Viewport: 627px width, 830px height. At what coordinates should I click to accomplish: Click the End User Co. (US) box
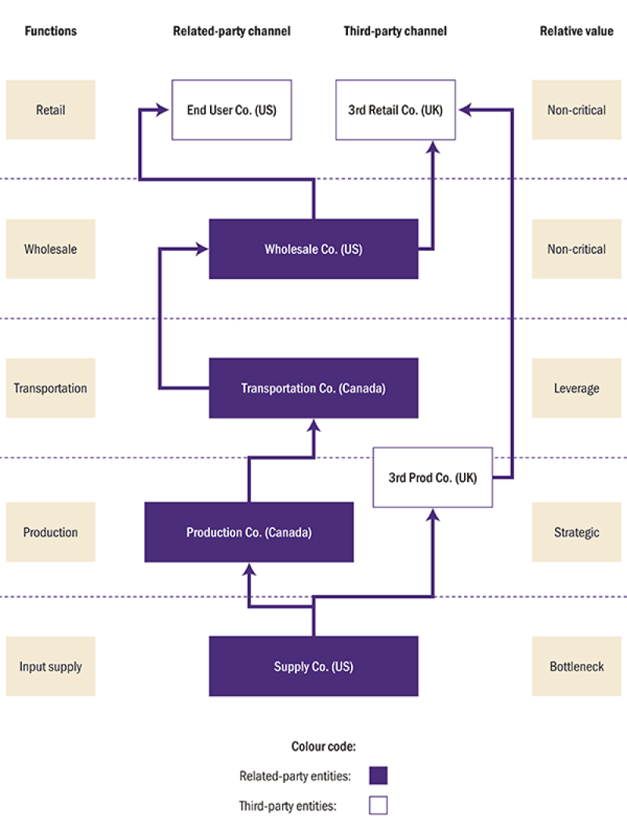coord(231,110)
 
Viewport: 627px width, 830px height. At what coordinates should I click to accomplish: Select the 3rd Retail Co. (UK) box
coord(396,110)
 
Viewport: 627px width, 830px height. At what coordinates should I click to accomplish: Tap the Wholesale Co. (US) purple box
coord(313,249)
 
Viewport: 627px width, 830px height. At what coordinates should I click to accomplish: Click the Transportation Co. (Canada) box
coord(313,388)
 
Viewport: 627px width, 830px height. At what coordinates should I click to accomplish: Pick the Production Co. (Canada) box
coord(248,532)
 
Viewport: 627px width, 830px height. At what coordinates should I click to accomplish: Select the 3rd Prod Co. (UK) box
coord(433,477)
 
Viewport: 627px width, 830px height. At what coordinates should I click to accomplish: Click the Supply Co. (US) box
coord(313,667)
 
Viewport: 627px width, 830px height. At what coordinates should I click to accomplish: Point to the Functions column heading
coord(51,31)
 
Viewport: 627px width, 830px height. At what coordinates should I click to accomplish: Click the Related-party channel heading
coord(231,31)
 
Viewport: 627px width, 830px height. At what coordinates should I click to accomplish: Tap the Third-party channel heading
coord(395,31)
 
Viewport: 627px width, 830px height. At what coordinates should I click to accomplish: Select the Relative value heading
coord(576,31)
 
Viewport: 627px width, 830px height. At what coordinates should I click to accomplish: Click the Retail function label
coord(51,110)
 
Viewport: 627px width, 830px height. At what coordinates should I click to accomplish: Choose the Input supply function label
coord(51,667)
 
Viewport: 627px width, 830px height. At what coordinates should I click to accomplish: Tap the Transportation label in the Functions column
coord(51,388)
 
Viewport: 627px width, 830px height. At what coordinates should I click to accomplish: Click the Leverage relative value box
coord(576,388)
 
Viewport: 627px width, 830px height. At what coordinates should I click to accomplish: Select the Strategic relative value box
coord(576,532)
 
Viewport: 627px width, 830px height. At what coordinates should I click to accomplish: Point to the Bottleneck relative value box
coord(576,667)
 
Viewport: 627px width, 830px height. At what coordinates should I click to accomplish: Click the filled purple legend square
coord(379,776)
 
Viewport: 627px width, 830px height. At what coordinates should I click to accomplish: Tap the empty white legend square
coord(379,806)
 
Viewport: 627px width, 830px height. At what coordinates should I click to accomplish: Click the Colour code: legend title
coord(324,746)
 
